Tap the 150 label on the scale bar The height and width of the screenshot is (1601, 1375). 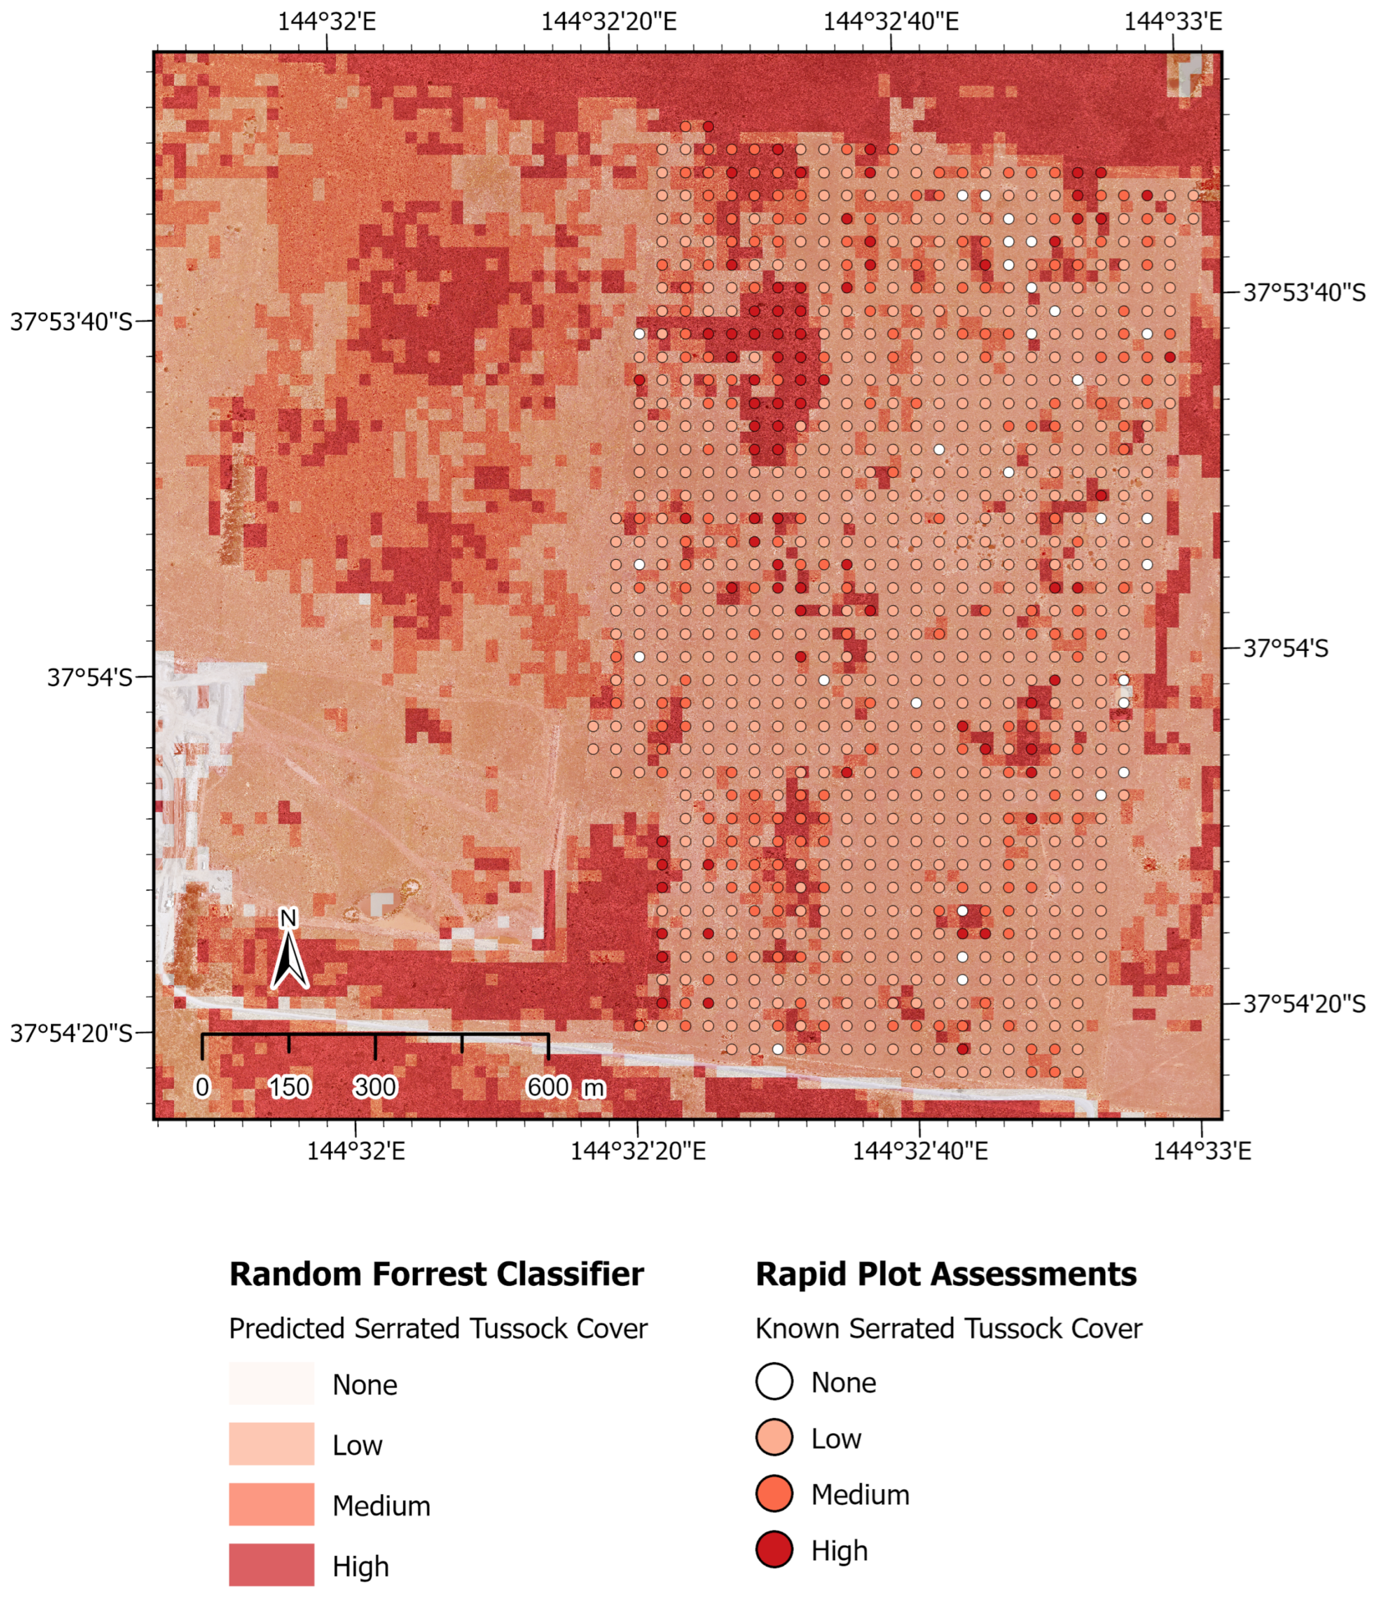point(289,1087)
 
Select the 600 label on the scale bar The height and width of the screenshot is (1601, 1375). point(548,1087)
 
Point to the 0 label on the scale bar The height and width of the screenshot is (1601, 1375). point(202,1087)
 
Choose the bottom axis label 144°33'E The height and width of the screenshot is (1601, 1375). point(1202,1151)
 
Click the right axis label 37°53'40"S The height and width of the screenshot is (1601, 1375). point(1303,293)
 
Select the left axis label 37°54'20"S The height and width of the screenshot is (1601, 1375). point(71,1033)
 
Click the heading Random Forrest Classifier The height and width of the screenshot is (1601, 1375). point(436,1274)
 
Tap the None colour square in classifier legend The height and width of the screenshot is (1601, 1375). point(271,1383)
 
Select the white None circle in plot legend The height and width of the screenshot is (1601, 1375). point(774,1382)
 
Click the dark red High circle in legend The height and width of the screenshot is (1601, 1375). point(774,1550)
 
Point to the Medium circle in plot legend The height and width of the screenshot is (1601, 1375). point(774,1494)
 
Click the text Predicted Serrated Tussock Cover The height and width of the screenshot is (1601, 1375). point(437,1328)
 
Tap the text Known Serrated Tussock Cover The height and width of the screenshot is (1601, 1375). point(949,1328)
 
